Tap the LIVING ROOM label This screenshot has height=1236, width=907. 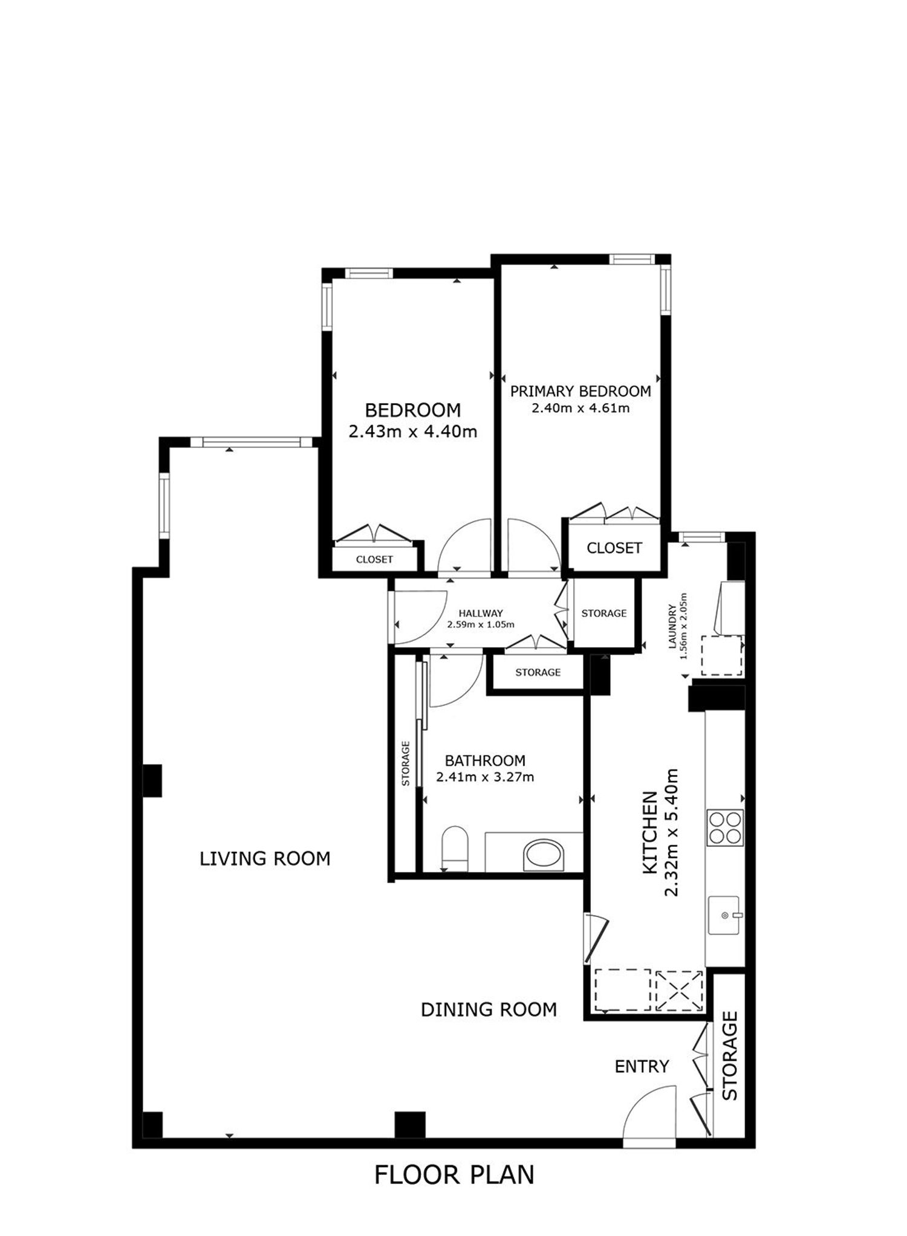click(x=265, y=858)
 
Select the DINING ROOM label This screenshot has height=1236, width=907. click(x=489, y=1009)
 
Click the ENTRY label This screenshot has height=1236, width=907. click(x=642, y=1067)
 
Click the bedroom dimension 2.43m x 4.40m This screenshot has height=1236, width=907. click(x=413, y=432)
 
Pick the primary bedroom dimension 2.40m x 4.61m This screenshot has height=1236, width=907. click(x=580, y=408)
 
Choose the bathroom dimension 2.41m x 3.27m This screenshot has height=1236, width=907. click(x=485, y=777)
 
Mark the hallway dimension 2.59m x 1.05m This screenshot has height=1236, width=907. click(x=481, y=625)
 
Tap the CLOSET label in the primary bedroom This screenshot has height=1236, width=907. click(x=614, y=548)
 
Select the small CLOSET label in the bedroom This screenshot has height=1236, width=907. click(x=374, y=560)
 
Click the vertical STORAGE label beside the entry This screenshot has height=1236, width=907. click(x=730, y=1055)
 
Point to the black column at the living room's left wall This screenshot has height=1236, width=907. click(x=152, y=781)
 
